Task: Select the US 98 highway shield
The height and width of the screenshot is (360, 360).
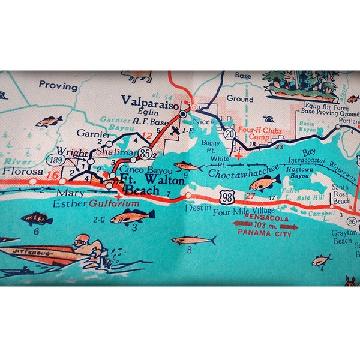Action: tap(227, 197)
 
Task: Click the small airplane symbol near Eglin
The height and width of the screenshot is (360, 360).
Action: tap(175, 130)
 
